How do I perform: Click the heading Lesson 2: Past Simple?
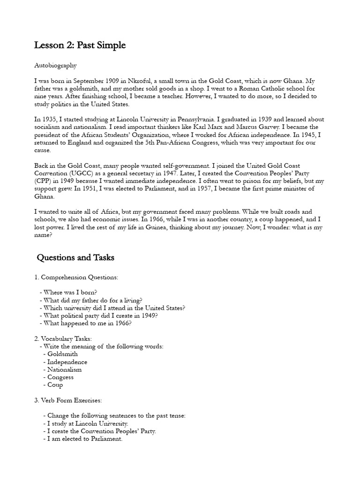[80, 45]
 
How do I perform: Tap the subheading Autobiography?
[55, 66]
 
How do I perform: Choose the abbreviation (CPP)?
[45, 181]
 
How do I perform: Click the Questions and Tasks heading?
[75, 258]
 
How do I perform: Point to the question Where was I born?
[70, 292]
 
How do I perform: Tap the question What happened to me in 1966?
[88, 323]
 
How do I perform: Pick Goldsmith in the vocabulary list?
[62, 354]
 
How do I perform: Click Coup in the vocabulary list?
[55, 385]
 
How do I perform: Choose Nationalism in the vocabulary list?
[65, 369]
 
